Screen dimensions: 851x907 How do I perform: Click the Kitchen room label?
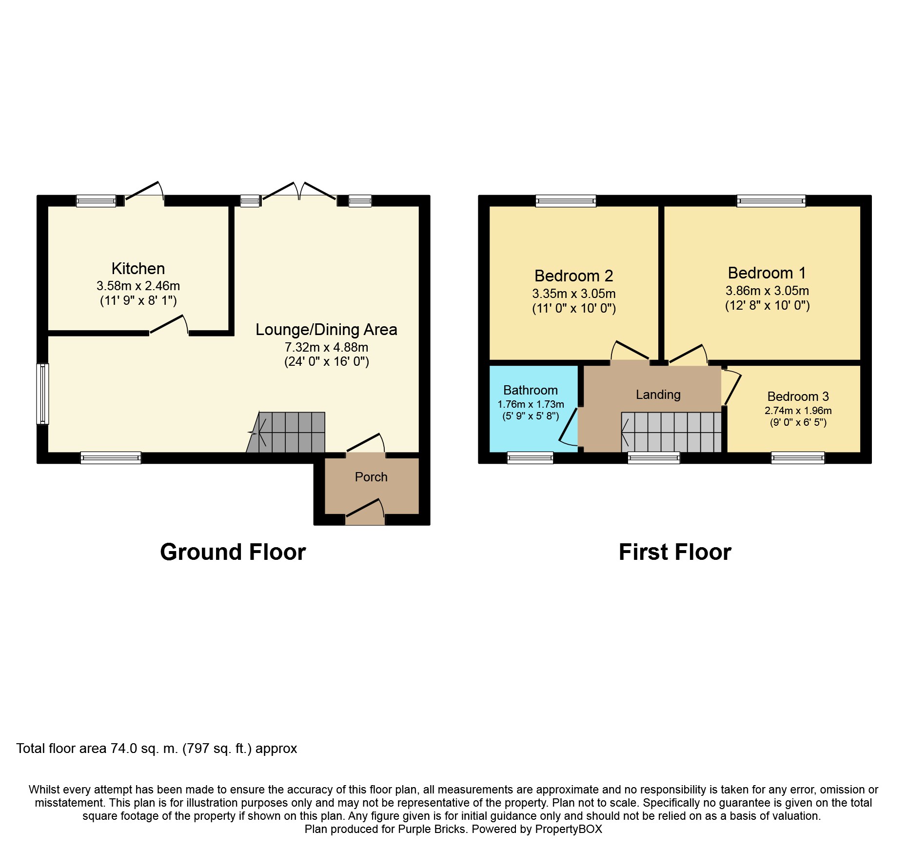click(138, 268)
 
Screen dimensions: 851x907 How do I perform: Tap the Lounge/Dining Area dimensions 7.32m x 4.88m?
click(326, 347)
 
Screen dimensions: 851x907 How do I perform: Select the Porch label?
click(371, 477)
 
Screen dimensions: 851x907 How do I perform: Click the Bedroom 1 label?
click(767, 273)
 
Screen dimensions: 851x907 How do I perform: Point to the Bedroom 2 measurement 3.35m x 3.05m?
click(573, 294)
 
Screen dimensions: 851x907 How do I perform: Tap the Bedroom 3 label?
click(798, 396)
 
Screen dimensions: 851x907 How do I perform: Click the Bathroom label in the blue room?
click(530, 390)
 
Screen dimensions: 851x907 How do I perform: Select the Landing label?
click(658, 395)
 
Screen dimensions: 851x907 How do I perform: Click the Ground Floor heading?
click(233, 552)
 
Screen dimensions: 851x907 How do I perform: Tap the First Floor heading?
click(675, 552)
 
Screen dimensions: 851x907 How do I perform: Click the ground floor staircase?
click(288, 433)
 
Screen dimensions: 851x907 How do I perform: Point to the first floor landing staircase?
click(671, 432)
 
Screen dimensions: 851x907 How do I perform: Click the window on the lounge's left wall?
click(43, 394)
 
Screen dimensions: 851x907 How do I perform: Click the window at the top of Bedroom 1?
click(770, 200)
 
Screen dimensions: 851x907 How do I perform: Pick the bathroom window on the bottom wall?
click(530, 457)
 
